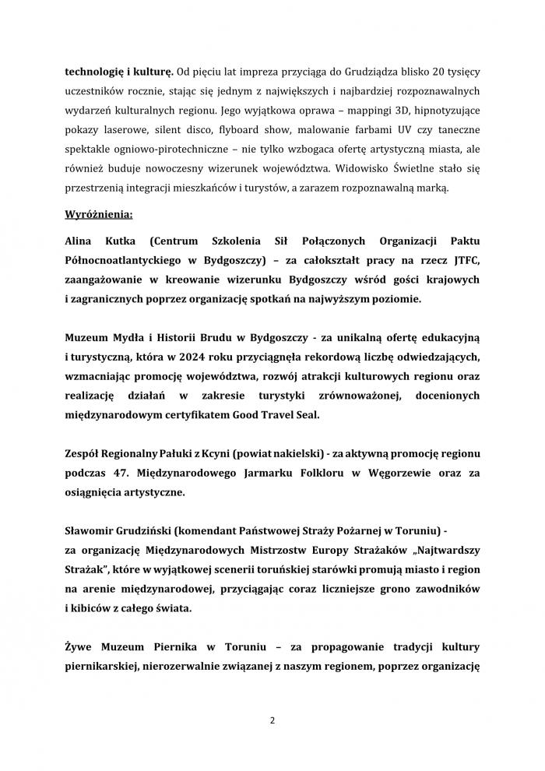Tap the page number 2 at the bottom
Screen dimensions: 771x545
(x=272, y=720)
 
